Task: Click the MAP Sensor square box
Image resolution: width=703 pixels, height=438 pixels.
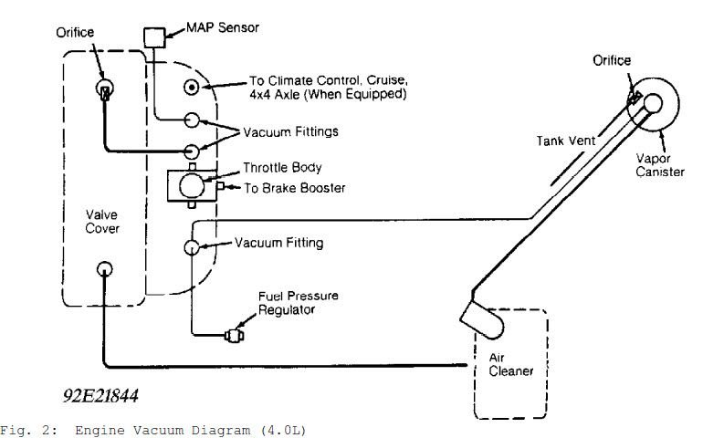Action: click(154, 37)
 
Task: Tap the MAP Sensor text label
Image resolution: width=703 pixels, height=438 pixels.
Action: click(223, 27)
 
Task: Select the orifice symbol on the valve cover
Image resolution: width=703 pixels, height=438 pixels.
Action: click(105, 89)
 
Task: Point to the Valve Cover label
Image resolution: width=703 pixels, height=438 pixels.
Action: click(102, 222)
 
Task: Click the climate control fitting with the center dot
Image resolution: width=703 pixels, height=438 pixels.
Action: click(192, 87)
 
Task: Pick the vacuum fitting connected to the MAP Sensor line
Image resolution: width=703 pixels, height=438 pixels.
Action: click(192, 120)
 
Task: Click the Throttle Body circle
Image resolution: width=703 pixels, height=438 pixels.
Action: click(192, 185)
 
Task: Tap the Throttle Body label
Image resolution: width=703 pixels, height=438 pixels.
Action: click(282, 168)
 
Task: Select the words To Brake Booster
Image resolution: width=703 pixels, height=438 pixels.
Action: click(295, 188)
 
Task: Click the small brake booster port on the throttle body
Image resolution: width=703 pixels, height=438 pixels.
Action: click(220, 185)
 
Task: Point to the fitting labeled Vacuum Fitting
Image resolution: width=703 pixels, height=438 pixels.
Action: click(192, 247)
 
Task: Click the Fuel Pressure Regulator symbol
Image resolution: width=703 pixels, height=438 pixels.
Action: click(234, 335)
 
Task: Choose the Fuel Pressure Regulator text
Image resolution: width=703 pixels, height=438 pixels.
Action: click(299, 303)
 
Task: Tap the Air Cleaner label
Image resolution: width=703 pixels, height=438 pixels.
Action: click(510, 364)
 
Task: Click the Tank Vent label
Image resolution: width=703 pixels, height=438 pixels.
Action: click(566, 141)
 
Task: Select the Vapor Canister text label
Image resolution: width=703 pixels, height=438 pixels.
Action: click(660, 165)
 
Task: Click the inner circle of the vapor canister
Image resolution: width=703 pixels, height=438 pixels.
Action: click(653, 103)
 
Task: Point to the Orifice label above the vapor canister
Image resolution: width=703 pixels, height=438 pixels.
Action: click(612, 60)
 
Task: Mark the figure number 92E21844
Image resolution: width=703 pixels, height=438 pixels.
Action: click(100, 395)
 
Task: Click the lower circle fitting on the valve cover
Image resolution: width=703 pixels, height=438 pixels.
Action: click(104, 269)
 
